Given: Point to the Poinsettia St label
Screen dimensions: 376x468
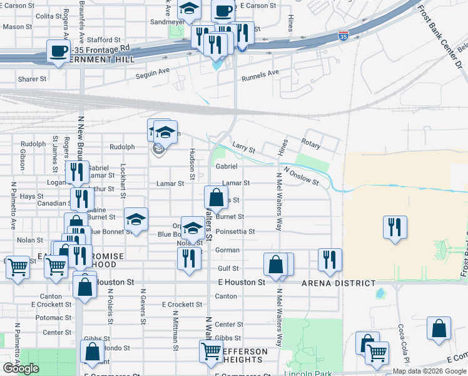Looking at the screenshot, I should click(235, 231).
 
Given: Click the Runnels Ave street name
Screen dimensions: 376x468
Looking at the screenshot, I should click(260, 73).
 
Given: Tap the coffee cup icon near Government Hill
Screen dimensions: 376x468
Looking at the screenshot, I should click(59, 51).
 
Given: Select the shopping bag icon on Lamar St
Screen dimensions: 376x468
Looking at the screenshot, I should click(216, 197).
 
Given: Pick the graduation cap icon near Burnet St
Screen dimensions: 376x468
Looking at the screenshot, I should click(136, 219).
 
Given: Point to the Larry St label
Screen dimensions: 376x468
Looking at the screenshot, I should click(243, 150).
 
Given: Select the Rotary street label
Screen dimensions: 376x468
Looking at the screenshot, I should click(310, 144).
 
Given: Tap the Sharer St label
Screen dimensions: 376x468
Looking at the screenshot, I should click(33, 79).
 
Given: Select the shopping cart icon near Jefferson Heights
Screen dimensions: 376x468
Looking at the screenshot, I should click(211, 351).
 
